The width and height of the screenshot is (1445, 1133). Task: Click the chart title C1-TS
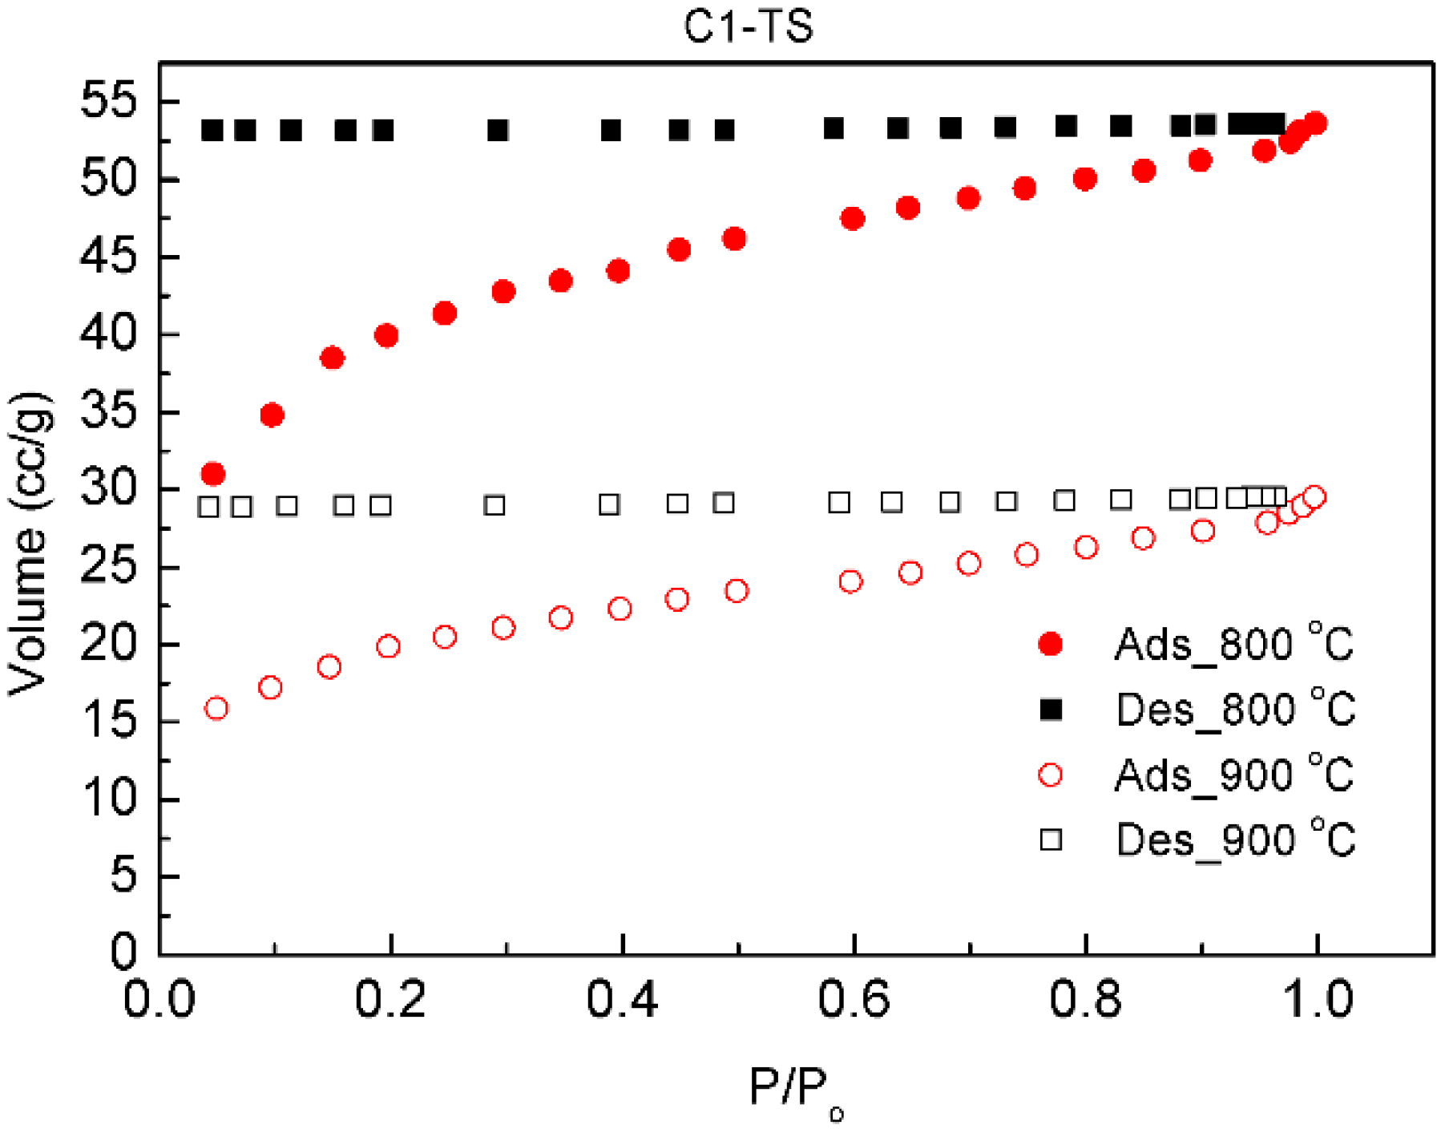748,26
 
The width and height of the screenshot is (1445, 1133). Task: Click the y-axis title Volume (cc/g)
28,545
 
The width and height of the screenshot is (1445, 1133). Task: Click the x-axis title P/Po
795,1091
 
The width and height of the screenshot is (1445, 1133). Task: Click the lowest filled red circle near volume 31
212,474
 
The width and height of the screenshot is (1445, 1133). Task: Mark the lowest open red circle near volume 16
216,708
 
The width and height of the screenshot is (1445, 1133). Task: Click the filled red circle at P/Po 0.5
734,238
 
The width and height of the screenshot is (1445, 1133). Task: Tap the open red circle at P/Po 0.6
850,581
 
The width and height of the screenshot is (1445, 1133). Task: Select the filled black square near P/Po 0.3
498,130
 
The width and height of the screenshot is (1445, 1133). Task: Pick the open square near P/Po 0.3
494,505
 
